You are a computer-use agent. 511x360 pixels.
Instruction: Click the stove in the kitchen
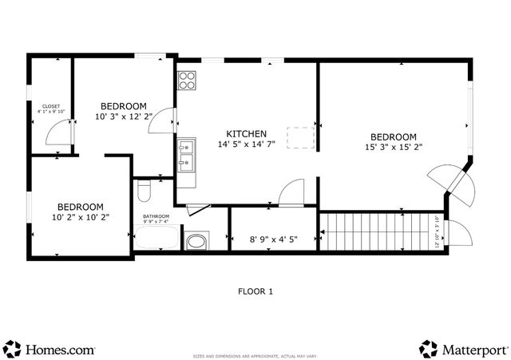pyautogui.click(x=187, y=80)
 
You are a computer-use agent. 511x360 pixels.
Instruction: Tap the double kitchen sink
pyautogui.click(x=186, y=156)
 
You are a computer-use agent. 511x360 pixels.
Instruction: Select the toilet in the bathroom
pyautogui.click(x=145, y=191)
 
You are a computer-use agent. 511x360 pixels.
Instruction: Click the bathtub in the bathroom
pyautogui.click(x=156, y=238)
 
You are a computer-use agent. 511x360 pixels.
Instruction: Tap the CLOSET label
pyautogui.click(x=51, y=105)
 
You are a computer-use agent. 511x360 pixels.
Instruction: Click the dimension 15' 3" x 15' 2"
pyautogui.click(x=394, y=147)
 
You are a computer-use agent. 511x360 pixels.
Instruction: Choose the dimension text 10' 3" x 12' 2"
pyautogui.click(x=123, y=117)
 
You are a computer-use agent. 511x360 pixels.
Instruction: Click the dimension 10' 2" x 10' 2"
pyautogui.click(x=80, y=216)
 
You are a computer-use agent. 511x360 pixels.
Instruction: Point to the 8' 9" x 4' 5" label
pyautogui.click(x=272, y=238)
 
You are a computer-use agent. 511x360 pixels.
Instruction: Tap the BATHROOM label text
pyautogui.click(x=156, y=216)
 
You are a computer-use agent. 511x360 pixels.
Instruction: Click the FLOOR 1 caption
pyautogui.click(x=255, y=291)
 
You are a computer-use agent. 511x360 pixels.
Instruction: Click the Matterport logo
pyautogui.click(x=463, y=349)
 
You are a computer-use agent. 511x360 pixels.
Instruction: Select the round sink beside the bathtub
pyautogui.click(x=196, y=240)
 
